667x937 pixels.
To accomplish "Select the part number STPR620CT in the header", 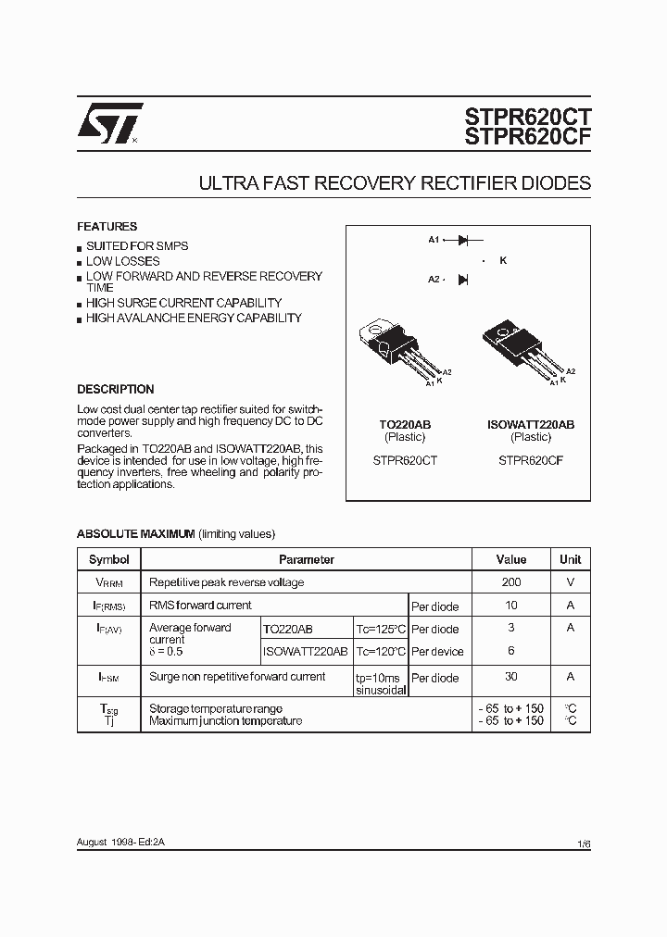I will pyautogui.click(x=527, y=117).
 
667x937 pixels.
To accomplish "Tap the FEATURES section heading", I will pyautogui.click(x=107, y=227).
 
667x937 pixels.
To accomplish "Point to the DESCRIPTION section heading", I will pyautogui.click(x=115, y=390).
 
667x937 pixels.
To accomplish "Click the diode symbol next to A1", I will pyautogui.click(x=464, y=240).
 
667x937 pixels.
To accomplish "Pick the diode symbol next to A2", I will pyautogui.click(x=463, y=279).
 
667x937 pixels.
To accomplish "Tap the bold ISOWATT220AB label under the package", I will pyautogui.click(x=531, y=424).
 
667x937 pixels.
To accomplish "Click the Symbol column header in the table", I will pyautogui.click(x=108, y=559).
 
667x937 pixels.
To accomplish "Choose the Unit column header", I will pyautogui.click(x=570, y=559).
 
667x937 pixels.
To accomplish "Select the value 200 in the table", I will pyautogui.click(x=511, y=582).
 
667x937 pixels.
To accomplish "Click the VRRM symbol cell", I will pyautogui.click(x=108, y=583).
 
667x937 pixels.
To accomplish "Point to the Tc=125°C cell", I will pyautogui.click(x=381, y=630).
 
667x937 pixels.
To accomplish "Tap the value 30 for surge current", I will pyautogui.click(x=511, y=677).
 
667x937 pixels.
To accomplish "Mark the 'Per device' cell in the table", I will pyautogui.click(x=439, y=652).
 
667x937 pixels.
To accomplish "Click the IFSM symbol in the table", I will pyautogui.click(x=108, y=678).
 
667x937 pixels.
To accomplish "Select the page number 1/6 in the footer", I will pyautogui.click(x=584, y=844).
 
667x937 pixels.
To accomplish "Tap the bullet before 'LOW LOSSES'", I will pyautogui.click(x=80, y=262).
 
